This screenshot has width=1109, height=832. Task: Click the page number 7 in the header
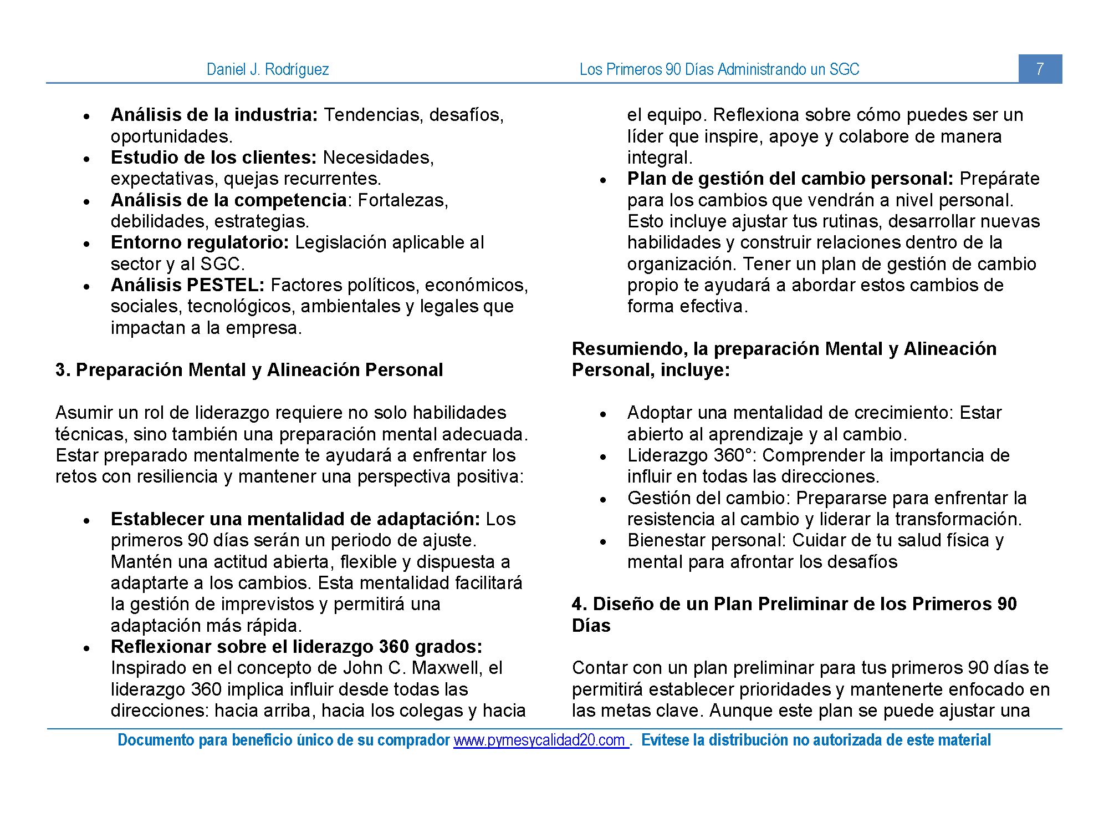click(x=1040, y=69)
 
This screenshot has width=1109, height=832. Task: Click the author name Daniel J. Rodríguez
click(x=268, y=69)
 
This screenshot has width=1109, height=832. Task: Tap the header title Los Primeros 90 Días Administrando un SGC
click(x=719, y=69)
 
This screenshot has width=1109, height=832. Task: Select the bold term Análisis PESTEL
click(x=187, y=285)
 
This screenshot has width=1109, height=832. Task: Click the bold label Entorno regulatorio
click(x=200, y=242)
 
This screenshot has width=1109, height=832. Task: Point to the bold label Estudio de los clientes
click(x=213, y=158)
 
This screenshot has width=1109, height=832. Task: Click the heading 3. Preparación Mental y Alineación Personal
click(x=249, y=370)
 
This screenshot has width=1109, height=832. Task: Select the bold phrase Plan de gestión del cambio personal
click(x=790, y=179)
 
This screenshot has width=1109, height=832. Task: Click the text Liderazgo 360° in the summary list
click(x=691, y=455)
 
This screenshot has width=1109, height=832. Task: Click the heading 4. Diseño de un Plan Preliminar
click(x=794, y=604)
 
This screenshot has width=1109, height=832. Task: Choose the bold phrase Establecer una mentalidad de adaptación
click(x=295, y=519)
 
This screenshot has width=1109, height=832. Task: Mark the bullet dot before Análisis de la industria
click(x=86, y=116)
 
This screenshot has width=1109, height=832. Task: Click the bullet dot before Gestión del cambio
click(x=603, y=500)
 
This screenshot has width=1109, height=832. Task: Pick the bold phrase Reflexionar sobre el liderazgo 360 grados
click(x=297, y=647)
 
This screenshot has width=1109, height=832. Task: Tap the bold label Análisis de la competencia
click(x=228, y=200)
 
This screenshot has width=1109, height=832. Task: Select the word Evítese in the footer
click(x=665, y=740)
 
